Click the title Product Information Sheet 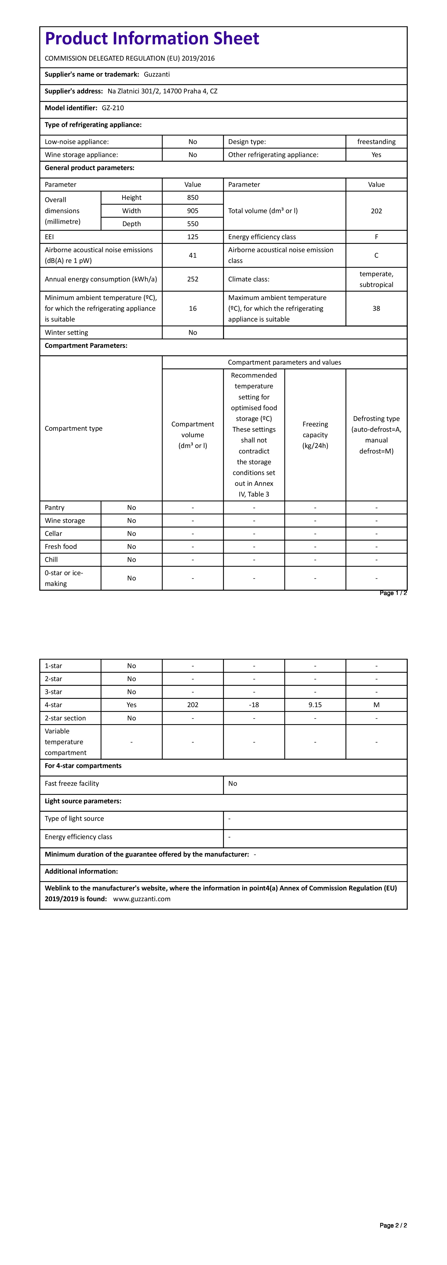(x=152, y=38)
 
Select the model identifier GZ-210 (x=113, y=108)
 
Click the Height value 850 (x=192, y=197)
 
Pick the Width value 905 (x=192, y=211)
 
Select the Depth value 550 (x=192, y=224)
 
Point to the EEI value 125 (x=192, y=237)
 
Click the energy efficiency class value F (x=376, y=237)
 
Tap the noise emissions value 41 (x=192, y=255)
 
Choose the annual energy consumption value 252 (x=192, y=279)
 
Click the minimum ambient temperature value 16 (x=192, y=308)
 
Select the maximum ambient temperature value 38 (x=376, y=308)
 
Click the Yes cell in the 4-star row (x=131, y=705)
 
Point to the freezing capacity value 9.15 (x=315, y=705)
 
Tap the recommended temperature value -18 (x=254, y=705)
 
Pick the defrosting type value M (x=376, y=705)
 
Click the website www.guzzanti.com (x=142, y=899)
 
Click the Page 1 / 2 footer (x=393, y=593)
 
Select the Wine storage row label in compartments (x=65, y=521)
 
